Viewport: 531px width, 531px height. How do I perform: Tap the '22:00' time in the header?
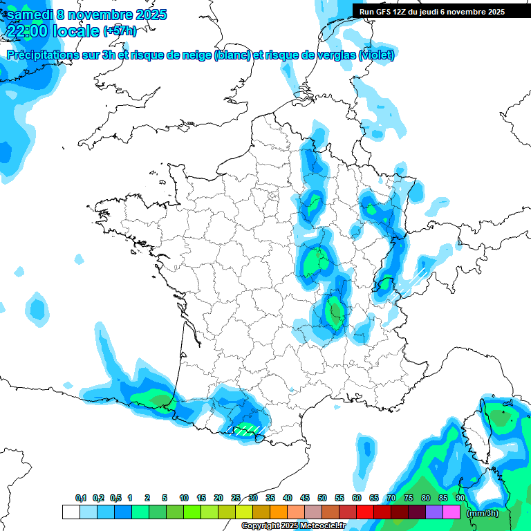(x=28, y=30)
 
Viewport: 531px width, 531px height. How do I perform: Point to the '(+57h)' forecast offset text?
(x=120, y=31)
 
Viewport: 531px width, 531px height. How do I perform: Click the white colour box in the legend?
(x=71, y=512)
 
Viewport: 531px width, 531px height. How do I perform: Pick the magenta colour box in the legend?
(x=451, y=512)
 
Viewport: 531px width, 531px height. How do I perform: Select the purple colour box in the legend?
(x=434, y=512)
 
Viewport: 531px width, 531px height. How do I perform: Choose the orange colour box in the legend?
(x=279, y=512)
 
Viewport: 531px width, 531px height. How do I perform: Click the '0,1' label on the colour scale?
(x=81, y=498)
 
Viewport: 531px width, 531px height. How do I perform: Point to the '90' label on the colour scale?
(x=460, y=498)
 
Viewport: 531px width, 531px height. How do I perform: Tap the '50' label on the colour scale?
(x=322, y=498)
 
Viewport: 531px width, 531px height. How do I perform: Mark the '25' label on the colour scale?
(x=236, y=498)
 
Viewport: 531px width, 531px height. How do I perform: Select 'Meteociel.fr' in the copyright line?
(x=323, y=526)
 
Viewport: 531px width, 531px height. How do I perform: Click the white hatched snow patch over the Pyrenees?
(x=248, y=429)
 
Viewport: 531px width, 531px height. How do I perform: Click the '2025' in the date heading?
(x=147, y=15)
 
